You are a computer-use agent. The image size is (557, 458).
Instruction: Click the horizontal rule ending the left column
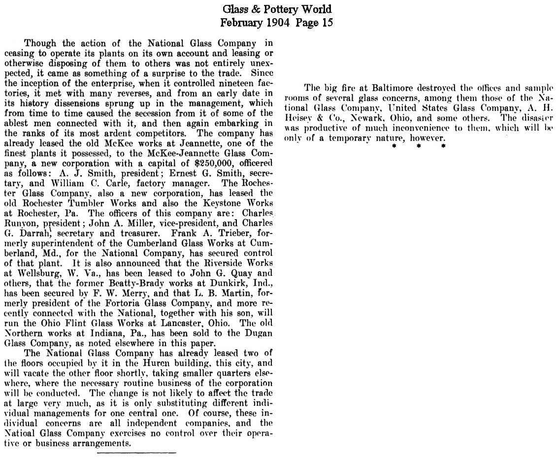coord(136,452)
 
